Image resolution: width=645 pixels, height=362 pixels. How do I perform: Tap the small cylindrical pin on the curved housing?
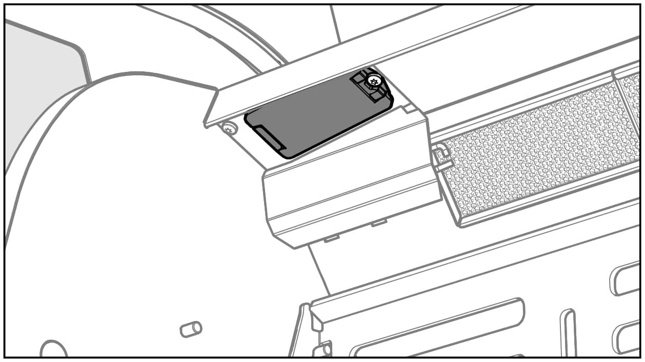(x=191, y=329)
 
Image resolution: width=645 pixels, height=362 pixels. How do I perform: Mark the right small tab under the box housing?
(x=379, y=223)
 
